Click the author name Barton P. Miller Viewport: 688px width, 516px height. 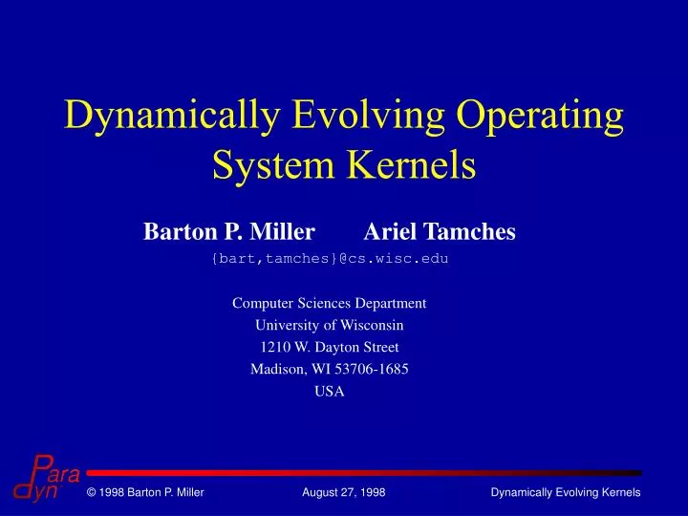[x=229, y=231]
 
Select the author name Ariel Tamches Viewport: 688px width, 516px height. [x=440, y=231]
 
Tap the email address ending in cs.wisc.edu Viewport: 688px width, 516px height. [x=330, y=258]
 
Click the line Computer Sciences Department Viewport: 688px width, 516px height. [x=330, y=303]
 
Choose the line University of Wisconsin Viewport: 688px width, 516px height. [x=330, y=325]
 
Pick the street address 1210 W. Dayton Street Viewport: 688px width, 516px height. [x=330, y=347]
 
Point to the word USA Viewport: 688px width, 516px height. [x=330, y=391]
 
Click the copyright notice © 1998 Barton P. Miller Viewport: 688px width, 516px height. [x=144, y=492]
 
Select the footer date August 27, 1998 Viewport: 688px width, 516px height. [x=343, y=492]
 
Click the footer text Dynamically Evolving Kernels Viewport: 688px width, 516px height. [x=565, y=492]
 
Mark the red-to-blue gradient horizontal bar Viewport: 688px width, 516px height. [x=363, y=473]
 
